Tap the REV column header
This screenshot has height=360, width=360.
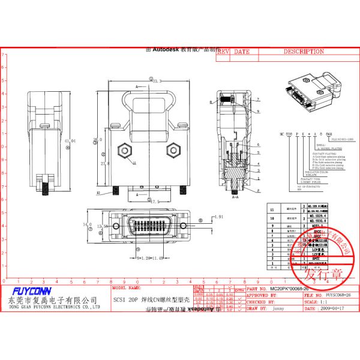pos(223,52)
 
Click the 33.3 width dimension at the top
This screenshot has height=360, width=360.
pos(158,81)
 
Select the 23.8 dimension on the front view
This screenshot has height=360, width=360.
pos(104,163)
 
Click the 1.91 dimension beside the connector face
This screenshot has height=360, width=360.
pos(218,217)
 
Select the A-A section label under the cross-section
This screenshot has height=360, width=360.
pos(236,196)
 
